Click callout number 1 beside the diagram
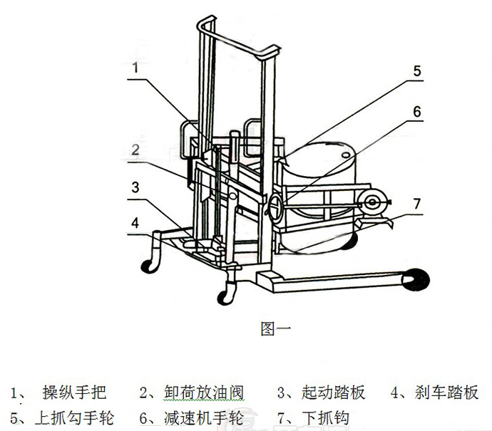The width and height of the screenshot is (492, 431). point(133,68)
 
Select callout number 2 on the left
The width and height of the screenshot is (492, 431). point(133,149)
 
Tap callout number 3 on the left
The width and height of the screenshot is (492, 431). point(133,187)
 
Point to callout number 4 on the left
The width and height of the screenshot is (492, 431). point(133,222)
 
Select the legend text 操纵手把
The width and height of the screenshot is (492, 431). point(74,393)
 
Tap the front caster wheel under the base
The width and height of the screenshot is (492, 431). point(229,290)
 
